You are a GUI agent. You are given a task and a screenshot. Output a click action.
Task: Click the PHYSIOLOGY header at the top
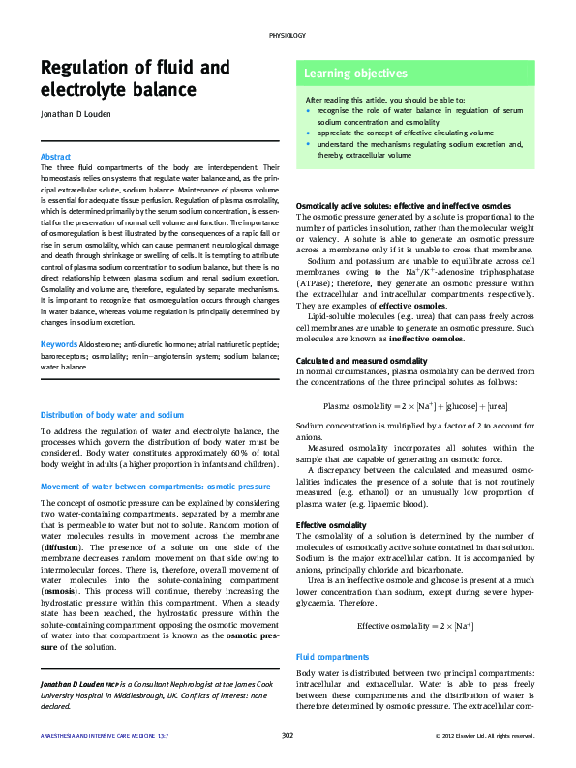coord(288,35)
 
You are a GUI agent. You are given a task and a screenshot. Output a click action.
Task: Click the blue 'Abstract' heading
coord(55,157)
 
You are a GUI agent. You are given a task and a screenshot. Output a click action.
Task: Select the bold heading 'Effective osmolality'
coord(331,525)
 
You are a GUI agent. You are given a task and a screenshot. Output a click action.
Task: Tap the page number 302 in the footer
coord(288,736)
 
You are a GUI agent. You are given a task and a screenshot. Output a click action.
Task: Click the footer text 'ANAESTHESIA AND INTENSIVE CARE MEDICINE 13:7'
coord(98,736)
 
